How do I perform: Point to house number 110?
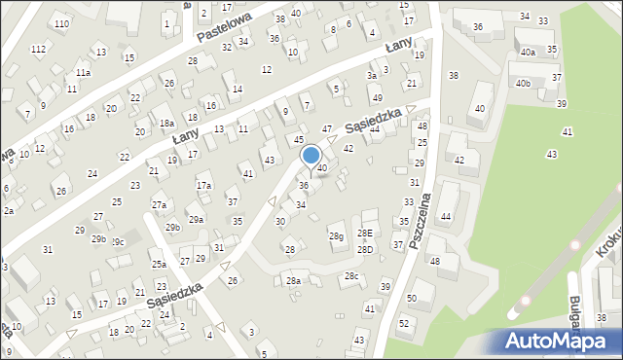[x=61, y=23]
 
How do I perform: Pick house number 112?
[x=38, y=49]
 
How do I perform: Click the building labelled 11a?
[x=84, y=73]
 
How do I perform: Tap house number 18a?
[x=167, y=124]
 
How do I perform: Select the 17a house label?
[x=203, y=185]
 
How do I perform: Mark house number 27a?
[x=159, y=205]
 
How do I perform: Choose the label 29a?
[x=196, y=220]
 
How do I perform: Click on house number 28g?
[x=336, y=236]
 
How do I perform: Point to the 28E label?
[x=364, y=234]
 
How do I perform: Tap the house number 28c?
[x=350, y=276]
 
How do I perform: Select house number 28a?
[x=293, y=281]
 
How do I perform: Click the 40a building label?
[x=527, y=53]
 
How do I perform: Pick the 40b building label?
[x=524, y=84]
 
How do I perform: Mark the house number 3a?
[x=371, y=75]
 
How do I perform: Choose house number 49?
[x=377, y=98]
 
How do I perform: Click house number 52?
[x=403, y=322]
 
